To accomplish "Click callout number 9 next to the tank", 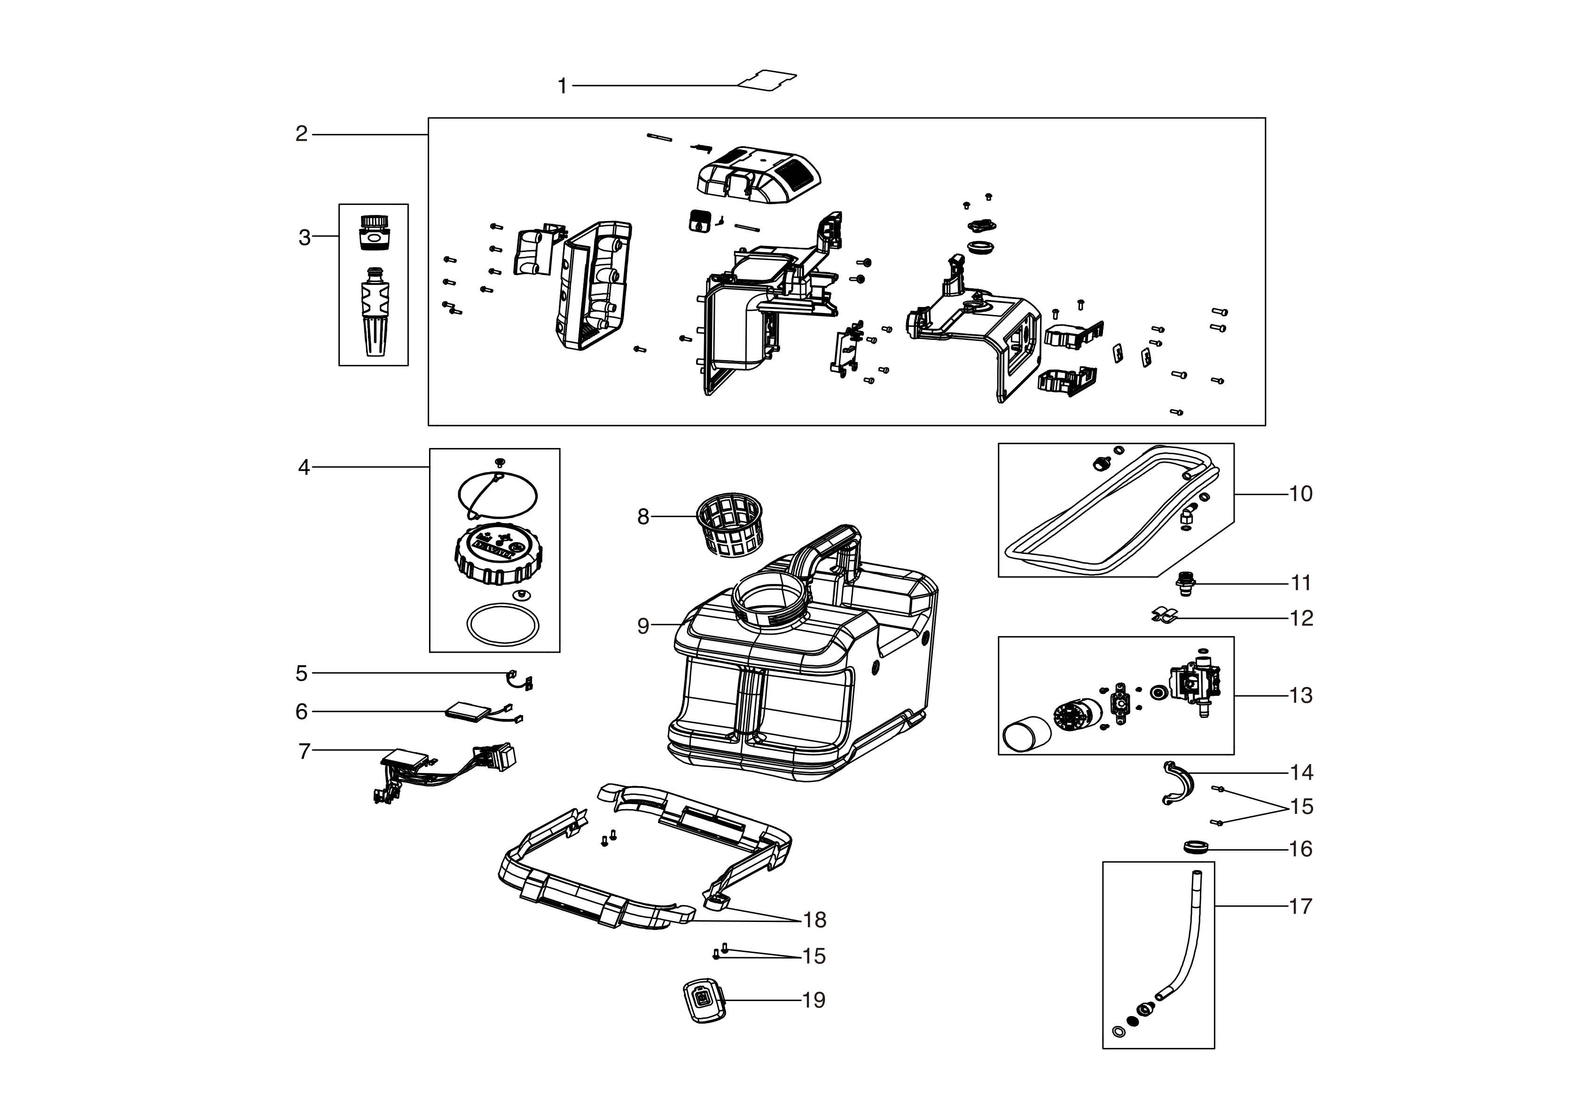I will click(x=642, y=626).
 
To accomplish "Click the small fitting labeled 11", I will click(x=1185, y=583).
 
